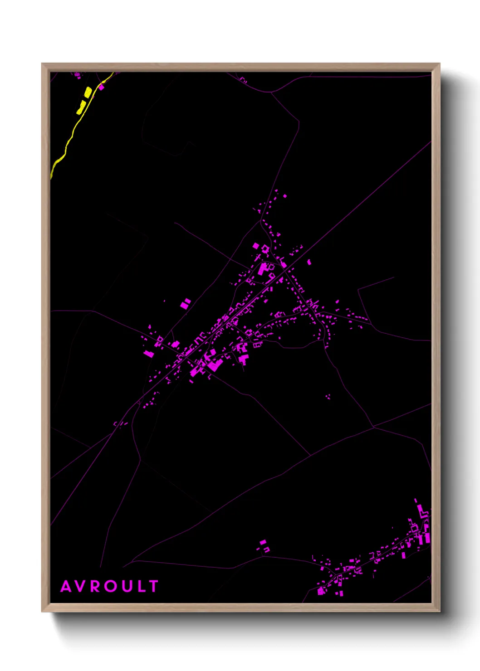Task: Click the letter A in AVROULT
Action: (66, 586)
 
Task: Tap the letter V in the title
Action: (80, 586)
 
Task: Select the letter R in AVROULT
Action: (95, 586)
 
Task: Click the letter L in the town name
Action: (140, 586)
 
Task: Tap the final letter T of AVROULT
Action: (153, 586)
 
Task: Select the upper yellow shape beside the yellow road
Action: (88, 92)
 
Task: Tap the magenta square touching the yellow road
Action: (102, 87)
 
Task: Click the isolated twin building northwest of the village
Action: (186, 303)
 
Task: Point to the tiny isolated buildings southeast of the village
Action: (328, 397)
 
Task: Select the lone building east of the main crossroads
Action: (309, 262)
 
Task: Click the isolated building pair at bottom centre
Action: (264, 545)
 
